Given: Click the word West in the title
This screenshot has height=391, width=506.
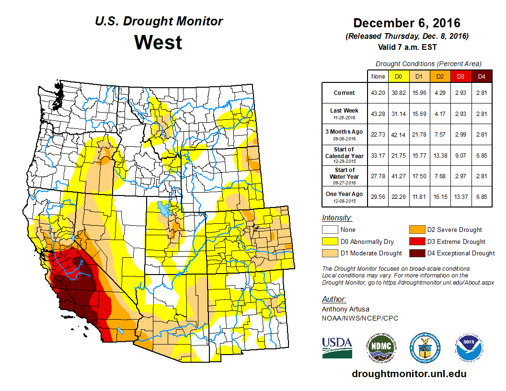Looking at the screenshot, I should (158, 42).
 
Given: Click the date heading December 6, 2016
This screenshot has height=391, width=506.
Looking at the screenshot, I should (406, 23).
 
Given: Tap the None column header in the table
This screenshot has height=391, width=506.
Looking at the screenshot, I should (378, 76).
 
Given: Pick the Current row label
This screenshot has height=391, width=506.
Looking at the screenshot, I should (345, 93).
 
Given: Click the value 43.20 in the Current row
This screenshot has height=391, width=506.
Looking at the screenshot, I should (378, 93).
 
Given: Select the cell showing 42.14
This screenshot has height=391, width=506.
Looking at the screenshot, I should (399, 135).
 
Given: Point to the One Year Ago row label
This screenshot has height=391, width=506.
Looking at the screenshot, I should (345, 194).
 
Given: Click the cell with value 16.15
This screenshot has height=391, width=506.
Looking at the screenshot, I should (440, 196).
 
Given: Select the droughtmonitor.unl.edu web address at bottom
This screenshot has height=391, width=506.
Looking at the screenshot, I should (409, 374).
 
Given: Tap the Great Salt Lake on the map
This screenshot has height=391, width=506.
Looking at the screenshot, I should (164, 209).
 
